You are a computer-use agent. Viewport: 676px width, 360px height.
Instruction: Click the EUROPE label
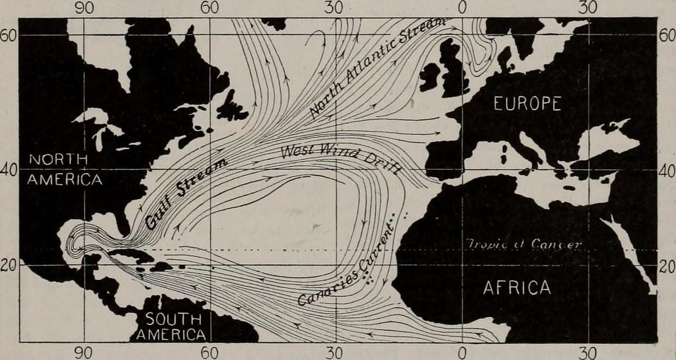pos(527,104)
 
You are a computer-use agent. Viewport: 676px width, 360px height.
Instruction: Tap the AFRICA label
pos(517,288)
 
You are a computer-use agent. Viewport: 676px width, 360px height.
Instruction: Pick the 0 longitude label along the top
pos(461,8)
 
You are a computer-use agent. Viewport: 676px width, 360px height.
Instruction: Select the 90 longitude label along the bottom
pos(83,352)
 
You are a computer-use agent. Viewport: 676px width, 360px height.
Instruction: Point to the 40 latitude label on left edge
pos(8,169)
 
